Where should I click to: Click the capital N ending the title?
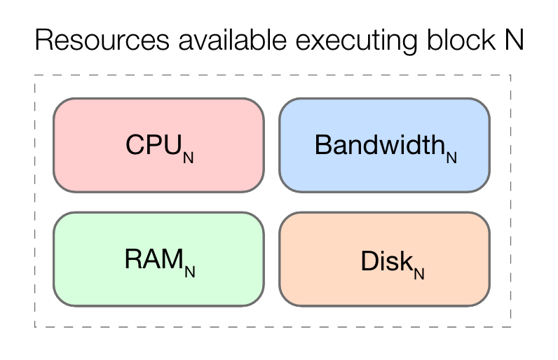tap(514, 41)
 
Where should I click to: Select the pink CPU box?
tap(158, 145)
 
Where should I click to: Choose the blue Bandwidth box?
tap(384, 145)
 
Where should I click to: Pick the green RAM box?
tap(158, 259)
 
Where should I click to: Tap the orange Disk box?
tap(384, 259)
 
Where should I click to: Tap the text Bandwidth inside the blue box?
tap(379, 144)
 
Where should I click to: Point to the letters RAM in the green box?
tap(154, 259)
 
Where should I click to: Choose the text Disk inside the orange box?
tap(385, 261)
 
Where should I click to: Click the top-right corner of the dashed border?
tap(510, 75)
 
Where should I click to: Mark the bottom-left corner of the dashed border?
tap(35, 326)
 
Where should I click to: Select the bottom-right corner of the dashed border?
tap(510, 326)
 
